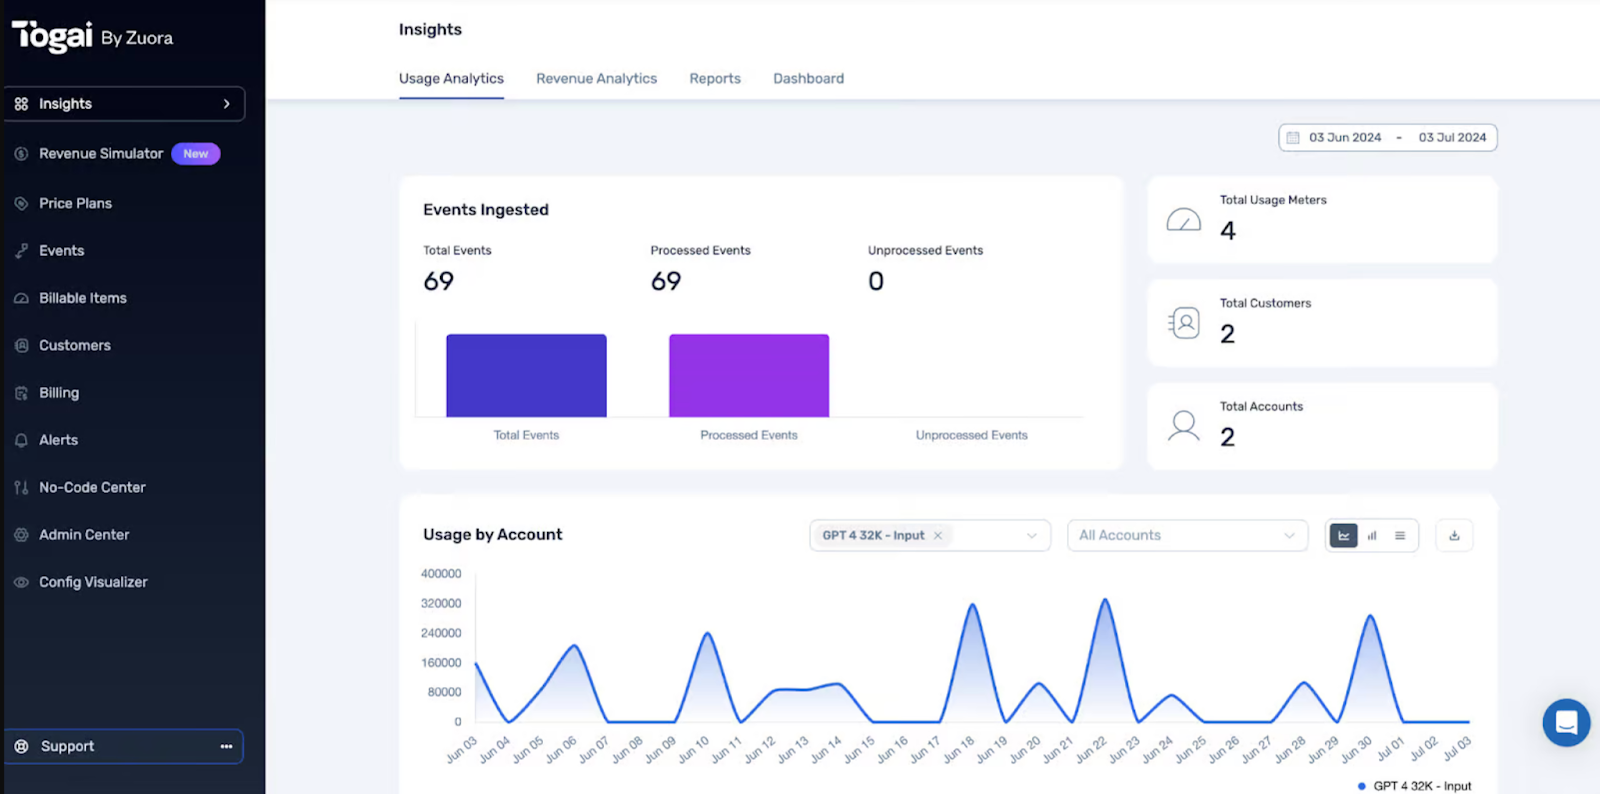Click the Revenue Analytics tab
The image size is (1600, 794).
click(596, 78)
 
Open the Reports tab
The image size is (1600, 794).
click(714, 78)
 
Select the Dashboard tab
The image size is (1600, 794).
click(808, 78)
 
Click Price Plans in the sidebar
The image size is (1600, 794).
click(75, 203)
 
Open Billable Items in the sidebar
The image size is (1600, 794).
click(82, 298)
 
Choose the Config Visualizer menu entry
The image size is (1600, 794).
click(92, 582)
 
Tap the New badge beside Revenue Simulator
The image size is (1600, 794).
click(196, 154)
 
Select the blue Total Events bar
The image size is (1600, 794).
click(526, 375)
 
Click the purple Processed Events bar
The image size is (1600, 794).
click(748, 375)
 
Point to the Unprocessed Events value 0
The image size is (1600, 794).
click(876, 282)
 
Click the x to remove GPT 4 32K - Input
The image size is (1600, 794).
click(938, 536)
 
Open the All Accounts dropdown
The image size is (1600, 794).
click(1186, 536)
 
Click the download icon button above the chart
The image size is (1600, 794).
click(1454, 536)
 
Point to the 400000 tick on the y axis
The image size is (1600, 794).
click(441, 574)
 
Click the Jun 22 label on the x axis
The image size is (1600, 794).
click(1091, 750)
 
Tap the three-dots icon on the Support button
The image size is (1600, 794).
click(226, 747)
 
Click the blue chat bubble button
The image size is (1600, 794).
click(1566, 722)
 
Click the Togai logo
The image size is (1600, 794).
click(53, 37)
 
